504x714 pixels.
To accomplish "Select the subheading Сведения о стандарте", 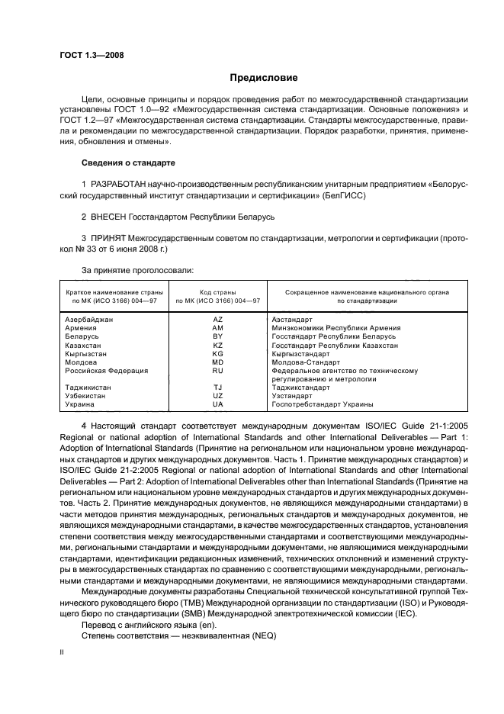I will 128,163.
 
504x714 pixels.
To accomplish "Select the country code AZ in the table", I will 217,319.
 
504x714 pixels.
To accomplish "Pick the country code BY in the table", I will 217,336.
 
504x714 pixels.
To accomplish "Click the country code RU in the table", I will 217,371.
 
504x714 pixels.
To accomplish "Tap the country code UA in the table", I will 217,404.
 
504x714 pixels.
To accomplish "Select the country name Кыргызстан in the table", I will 86,354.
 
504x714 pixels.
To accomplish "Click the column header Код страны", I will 217,292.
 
